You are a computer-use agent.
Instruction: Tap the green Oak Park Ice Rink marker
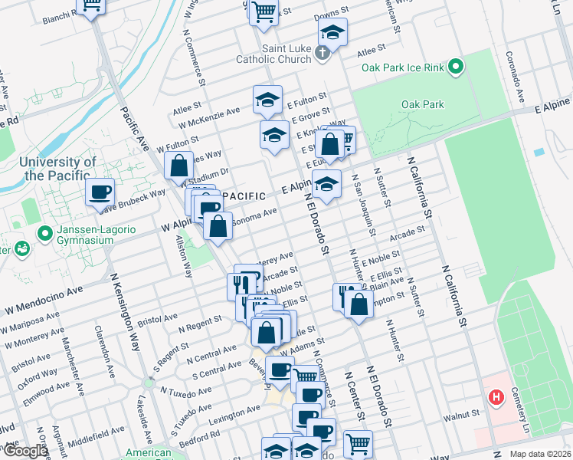tap(457, 67)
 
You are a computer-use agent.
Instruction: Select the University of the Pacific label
tap(58, 169)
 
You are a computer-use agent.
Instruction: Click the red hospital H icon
tap(496, 398)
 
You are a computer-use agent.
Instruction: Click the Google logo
tap(25, 451)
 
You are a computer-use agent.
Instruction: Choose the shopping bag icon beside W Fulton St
tap(178, 164)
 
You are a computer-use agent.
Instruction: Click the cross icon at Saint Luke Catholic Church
tap(323, 53)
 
